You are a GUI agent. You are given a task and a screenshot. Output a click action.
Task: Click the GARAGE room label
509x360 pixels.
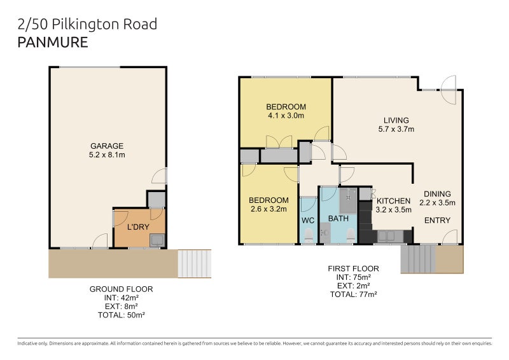point(107,146)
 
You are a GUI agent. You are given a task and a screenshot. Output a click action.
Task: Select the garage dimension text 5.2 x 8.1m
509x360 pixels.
point(107,155)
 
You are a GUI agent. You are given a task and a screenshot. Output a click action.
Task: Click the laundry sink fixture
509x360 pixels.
point(157,239)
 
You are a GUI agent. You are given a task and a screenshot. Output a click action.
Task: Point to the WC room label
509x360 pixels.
point(308,221)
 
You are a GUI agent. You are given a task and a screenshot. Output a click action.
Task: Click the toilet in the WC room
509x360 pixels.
point(308,237)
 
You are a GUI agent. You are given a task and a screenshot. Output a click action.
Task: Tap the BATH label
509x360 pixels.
point(338,219)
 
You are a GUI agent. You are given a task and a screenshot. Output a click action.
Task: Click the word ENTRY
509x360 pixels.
point(437,221)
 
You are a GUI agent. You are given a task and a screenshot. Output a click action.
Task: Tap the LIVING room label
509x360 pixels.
point(396,120)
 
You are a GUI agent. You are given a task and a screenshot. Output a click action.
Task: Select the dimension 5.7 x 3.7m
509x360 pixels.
point(396,129)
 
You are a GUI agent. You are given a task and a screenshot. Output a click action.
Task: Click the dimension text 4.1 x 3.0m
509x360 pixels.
point(286,116)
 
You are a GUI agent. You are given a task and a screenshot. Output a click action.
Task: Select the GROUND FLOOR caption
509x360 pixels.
point(121,289)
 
